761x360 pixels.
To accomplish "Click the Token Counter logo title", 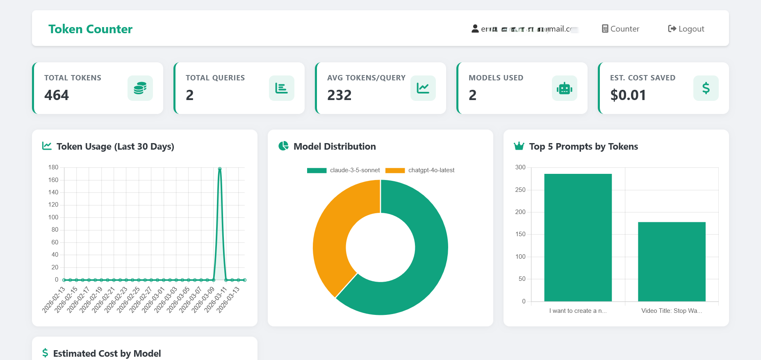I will click(90, 29).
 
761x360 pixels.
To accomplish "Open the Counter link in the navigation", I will click(621, 29).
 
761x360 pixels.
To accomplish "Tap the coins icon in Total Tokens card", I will click(140, 88).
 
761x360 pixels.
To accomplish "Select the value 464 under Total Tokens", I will click(57, 95).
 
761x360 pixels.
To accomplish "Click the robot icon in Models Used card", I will click(564, 88).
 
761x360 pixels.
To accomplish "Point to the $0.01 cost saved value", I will click(628, 95).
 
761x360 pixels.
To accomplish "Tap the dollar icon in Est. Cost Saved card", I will click(706, 88).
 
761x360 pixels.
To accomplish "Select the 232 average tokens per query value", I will click(339, 95).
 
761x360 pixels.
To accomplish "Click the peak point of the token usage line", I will click(220, 169).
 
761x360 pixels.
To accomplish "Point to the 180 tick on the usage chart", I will click(53, 167).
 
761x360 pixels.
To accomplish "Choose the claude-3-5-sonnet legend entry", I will click(344, 170).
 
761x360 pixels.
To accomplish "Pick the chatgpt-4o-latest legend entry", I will click(420, 170).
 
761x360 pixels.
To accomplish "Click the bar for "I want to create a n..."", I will click(578, 238).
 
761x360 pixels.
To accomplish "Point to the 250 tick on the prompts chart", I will click(520, 190).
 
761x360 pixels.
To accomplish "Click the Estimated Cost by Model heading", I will click(107, 353).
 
